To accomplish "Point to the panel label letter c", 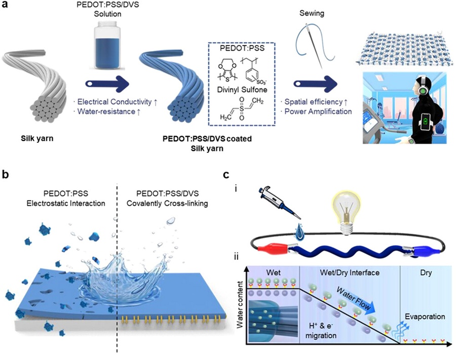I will (x=229, y=175).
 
